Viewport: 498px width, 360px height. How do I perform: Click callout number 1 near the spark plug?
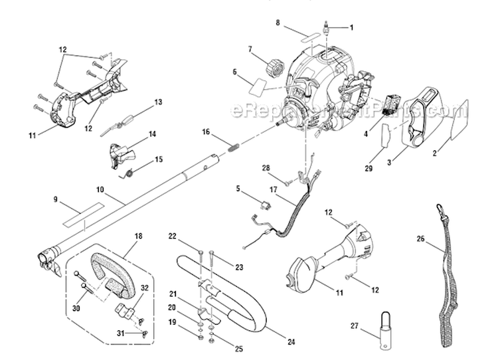[352, 27]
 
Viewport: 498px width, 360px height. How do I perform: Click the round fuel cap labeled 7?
[273, 66]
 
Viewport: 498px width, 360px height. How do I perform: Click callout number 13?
[158, 102]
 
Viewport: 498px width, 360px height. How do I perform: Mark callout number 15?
[158, 159]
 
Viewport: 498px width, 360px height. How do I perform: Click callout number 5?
[238, 188]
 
